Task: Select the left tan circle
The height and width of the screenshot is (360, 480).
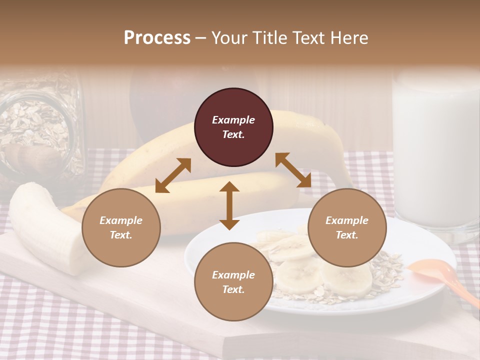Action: pyautogui.click(x=121, y=227)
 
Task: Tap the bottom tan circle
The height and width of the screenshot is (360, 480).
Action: pyautogui.click(x=233, y=281)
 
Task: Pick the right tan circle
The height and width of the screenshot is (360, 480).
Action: pyautogui.click(x=346, y=227)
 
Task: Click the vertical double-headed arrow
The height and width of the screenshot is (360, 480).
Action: pyautogui.click(x=229, y=205)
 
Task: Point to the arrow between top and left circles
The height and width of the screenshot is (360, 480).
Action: pyautogui.click(x=173, y=175)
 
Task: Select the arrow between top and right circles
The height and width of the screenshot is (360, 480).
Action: pyautogui.click(x=293, y=170)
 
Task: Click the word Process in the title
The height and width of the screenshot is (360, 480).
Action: pyautogui.click(x=157, y=38)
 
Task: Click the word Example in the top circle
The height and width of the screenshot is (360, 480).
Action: pyautogui.click(x=233, y=120)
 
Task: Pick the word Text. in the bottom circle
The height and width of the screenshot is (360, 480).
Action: pyautogui.click(x=233, y=289)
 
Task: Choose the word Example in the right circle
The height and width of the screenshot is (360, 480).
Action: pyautogui.click(x=346, y=220)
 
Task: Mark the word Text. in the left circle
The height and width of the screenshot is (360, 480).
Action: pyautogui.click(x=121, y=235)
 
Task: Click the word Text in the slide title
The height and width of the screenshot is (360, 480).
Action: pyautogui.click(x=308, y=38)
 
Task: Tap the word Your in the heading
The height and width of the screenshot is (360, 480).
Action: pyautogui.click(x=228, y=38)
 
